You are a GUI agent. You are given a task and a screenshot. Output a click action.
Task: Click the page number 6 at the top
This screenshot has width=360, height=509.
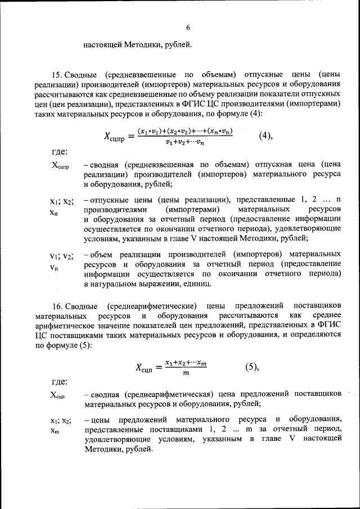[x=188, y=28]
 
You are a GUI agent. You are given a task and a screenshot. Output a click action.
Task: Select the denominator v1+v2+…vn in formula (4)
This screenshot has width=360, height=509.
[x=188, y=142]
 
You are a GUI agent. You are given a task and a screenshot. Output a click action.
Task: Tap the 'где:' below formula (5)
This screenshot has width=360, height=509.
[x=60, y=382]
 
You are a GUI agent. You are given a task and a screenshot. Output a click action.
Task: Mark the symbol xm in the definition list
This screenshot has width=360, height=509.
[x=55, y=431]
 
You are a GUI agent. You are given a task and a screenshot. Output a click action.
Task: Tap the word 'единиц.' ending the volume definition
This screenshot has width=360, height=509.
[x=197, y=285]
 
